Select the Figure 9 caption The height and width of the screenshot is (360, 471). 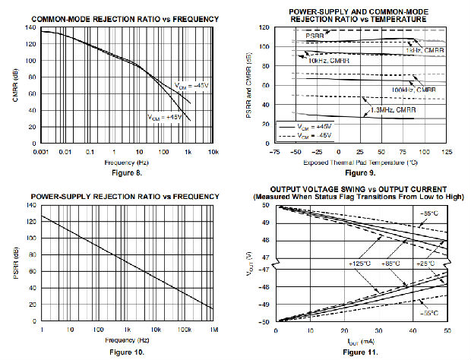pos(359,173)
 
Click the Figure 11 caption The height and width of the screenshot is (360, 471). pos(359,352)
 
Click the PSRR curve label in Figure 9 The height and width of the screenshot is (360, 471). pos(315,36)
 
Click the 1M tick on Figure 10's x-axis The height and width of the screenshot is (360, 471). pos(214,331)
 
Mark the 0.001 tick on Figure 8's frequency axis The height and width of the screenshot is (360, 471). pos(42,152)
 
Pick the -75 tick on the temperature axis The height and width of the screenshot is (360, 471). pos(275,152)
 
